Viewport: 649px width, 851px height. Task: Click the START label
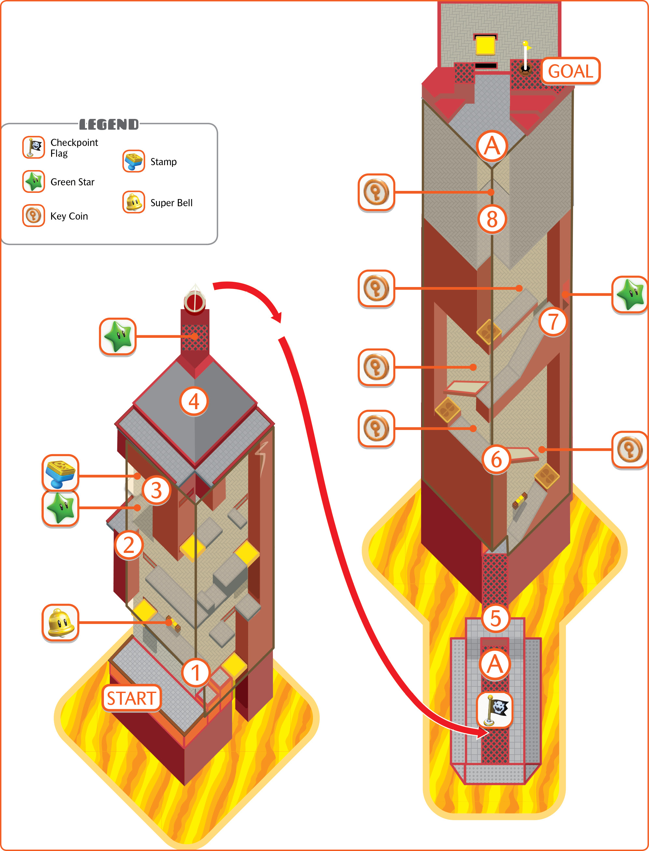131,698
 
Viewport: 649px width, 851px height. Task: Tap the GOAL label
571,71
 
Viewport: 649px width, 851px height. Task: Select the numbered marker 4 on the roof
194,401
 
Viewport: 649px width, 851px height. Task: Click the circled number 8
492,220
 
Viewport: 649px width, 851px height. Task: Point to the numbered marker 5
496,618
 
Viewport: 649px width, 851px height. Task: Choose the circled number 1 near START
196,672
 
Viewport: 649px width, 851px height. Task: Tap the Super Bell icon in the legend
134,202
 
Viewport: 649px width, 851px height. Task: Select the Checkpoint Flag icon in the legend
34,147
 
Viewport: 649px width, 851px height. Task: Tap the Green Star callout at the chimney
118,337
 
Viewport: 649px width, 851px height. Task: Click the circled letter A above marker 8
492,146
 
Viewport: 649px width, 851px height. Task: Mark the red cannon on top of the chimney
194,301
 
